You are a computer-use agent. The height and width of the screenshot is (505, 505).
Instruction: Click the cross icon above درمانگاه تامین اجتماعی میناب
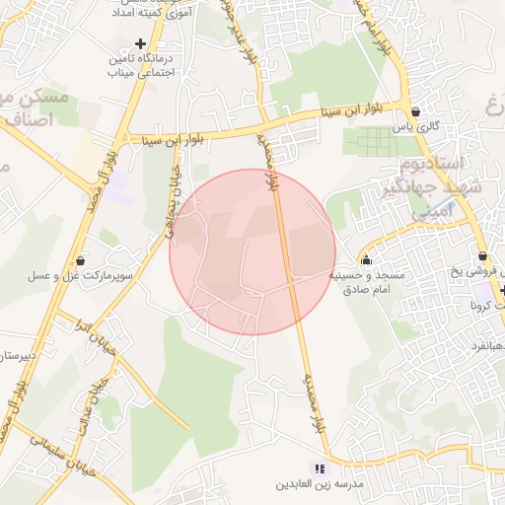point(141,44)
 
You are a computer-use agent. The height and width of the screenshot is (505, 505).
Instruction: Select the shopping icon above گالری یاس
point(416,110)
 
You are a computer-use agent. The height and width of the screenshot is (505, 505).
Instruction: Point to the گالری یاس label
point(415,127)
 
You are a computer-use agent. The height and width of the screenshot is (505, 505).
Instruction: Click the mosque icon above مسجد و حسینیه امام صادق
point(367,260)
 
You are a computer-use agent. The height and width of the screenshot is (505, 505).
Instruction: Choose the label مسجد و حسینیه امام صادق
point(367,283)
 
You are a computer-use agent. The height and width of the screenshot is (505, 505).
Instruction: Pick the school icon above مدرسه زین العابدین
point(319,468)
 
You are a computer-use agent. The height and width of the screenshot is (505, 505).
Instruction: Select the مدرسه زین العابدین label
point(319,486)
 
